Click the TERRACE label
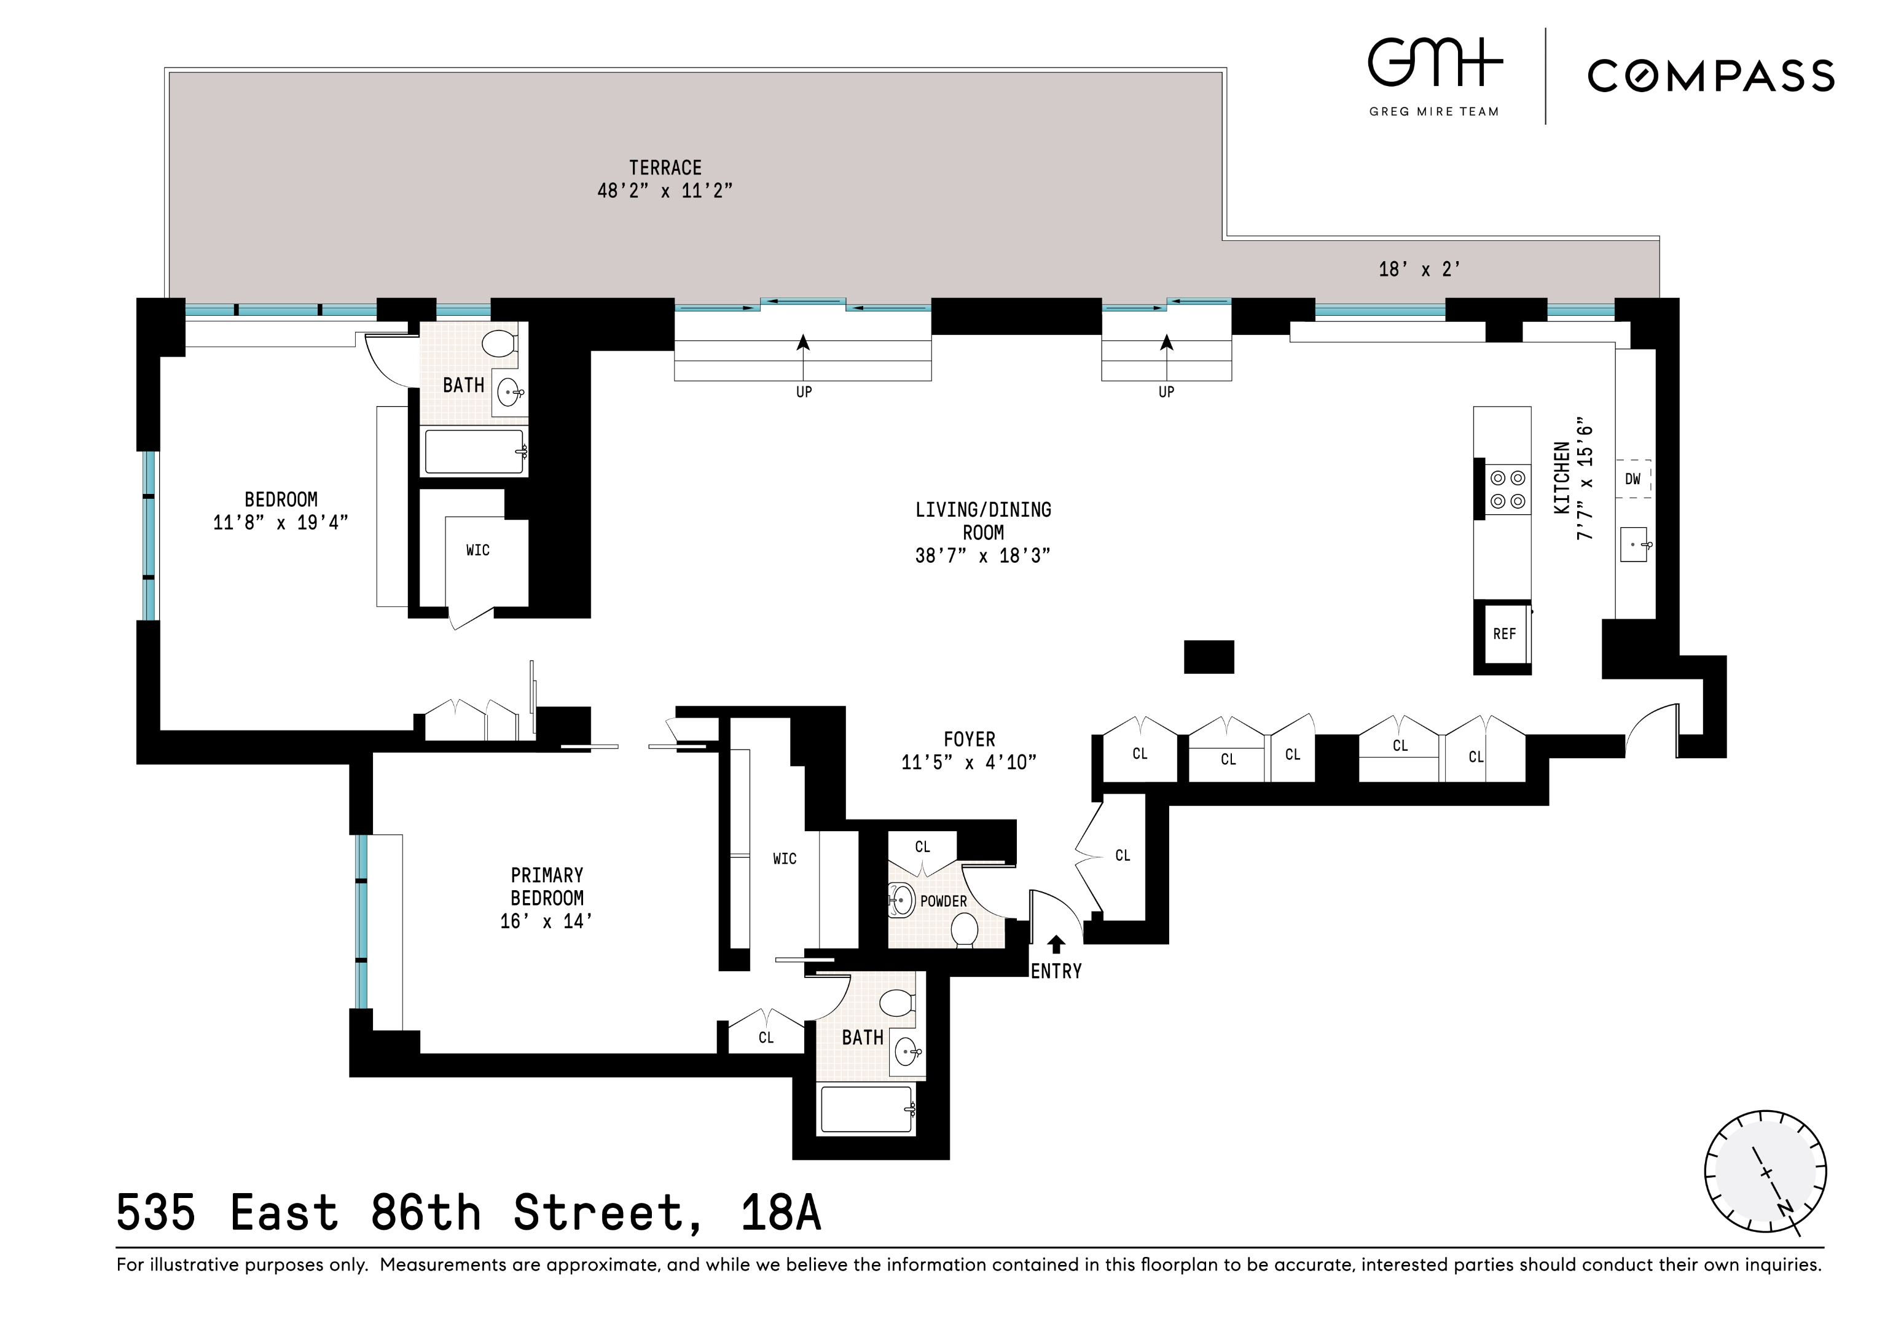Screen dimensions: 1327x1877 pos(665,168)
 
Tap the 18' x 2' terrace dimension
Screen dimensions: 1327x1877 pos(1419,270)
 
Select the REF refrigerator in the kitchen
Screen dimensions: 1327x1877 pos(1503,633)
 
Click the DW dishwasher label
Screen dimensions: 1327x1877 pos(1632,479)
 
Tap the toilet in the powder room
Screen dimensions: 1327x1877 pos(965,930)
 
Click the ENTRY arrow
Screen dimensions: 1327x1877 pos(1056,944)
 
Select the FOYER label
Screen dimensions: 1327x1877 pos(970,740)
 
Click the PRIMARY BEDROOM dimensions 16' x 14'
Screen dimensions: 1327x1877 pos(546,922)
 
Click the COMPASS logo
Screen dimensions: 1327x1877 pos(1710,76)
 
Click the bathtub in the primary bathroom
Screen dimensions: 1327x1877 pos(866,1110)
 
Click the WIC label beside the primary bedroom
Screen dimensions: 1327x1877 pos(784,858)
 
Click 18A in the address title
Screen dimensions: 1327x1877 pos(781,1213)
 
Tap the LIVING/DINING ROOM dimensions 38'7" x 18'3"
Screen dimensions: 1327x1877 pos(982,556)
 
